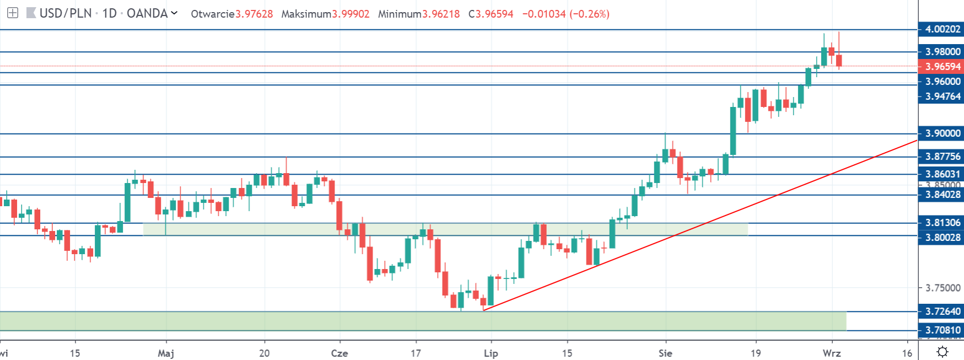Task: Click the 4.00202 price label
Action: pyautogui.click(x=942, y=29)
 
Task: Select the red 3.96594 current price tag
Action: pyautogui.click(x=942, y=67)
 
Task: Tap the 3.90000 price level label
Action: pyautogui.click(x=942, y=133)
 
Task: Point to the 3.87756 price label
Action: pyautogui.click(x=942, y=157)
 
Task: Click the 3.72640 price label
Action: pyautogui.click(x=942, y=311)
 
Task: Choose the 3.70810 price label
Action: pyautogui.click(x=942, y=330)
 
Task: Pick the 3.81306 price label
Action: pyautogui.click(x=942, y=223)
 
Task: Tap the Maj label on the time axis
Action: pyautogui.click(x=166, y=353)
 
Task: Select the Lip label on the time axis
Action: pyautogui.click(x=491, y=353)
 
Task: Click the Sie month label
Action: pyautogui.click(x=665, y=353)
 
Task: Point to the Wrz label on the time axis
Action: pyautogui.click(x=832, y=353)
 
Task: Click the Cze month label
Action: pyautogui.click(x=340, y=353)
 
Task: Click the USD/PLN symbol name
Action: pyautogui.click(x=66, y=13)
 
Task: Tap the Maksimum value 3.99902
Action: pyautogui.click(x=351, y=14)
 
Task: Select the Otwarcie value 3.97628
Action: pyautogui.click(x=254, y=14)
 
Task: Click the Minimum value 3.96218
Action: pyautogui.click(x=441, y=14)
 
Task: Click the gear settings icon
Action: pyautogui.click(x=943, y=352)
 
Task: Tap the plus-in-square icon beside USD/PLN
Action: pyautogui.click(x=13, y=13)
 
